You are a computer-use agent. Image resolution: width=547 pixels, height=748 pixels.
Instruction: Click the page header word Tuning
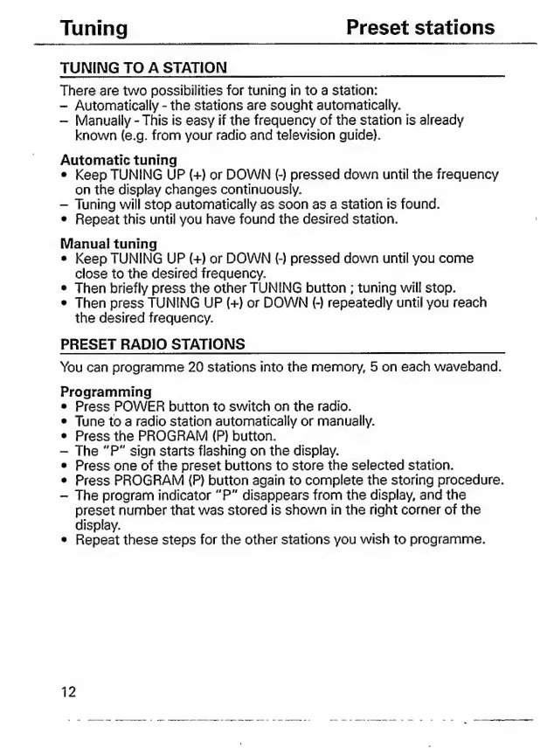click(x=94, y=28)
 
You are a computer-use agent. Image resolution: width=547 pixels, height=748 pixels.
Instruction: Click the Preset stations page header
click(x=419, y=27)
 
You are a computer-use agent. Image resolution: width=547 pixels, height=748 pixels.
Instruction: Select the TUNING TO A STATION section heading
click(x=143, y=67)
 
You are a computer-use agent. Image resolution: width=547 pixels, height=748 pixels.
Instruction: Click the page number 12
click(x=68, y=693)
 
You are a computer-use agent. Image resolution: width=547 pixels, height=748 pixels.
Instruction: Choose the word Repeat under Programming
click(x=99, y=540)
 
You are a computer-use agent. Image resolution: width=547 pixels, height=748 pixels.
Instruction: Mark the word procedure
click(x=468, y=481)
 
